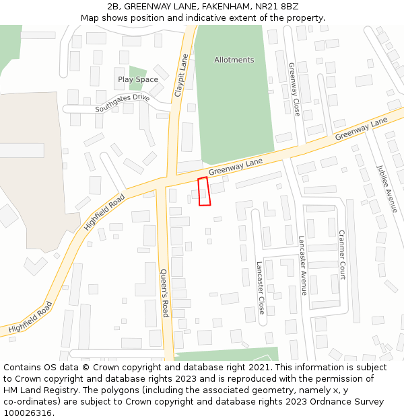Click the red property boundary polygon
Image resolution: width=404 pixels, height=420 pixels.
[x=204, y=192]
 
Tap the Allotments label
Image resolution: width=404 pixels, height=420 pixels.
[x=234, y=60]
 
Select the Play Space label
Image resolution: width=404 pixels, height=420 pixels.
[x=138, y=79]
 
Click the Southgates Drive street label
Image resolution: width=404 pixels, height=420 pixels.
[x=122, y=101]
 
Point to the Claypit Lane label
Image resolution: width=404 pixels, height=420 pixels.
[x=180, y=77]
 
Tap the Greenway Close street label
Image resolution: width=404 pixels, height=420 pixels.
[x=294, y=89]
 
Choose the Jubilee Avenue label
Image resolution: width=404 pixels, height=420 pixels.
[x=387, y=189]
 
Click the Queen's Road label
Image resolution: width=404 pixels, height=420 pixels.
[x=164, y=293]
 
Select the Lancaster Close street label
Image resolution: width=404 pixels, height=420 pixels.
[x=260, y=288]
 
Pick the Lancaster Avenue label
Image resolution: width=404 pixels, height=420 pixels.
[x=302, y=265]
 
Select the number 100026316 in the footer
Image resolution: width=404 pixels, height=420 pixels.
[x=28, y=413]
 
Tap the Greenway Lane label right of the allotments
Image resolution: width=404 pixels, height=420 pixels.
[x=362, y=129]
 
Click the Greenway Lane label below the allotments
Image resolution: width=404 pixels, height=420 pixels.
[x=235, y=167]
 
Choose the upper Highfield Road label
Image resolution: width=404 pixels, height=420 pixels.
[x=104, y=212]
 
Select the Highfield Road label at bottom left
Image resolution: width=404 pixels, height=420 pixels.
[x=31, y=319]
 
